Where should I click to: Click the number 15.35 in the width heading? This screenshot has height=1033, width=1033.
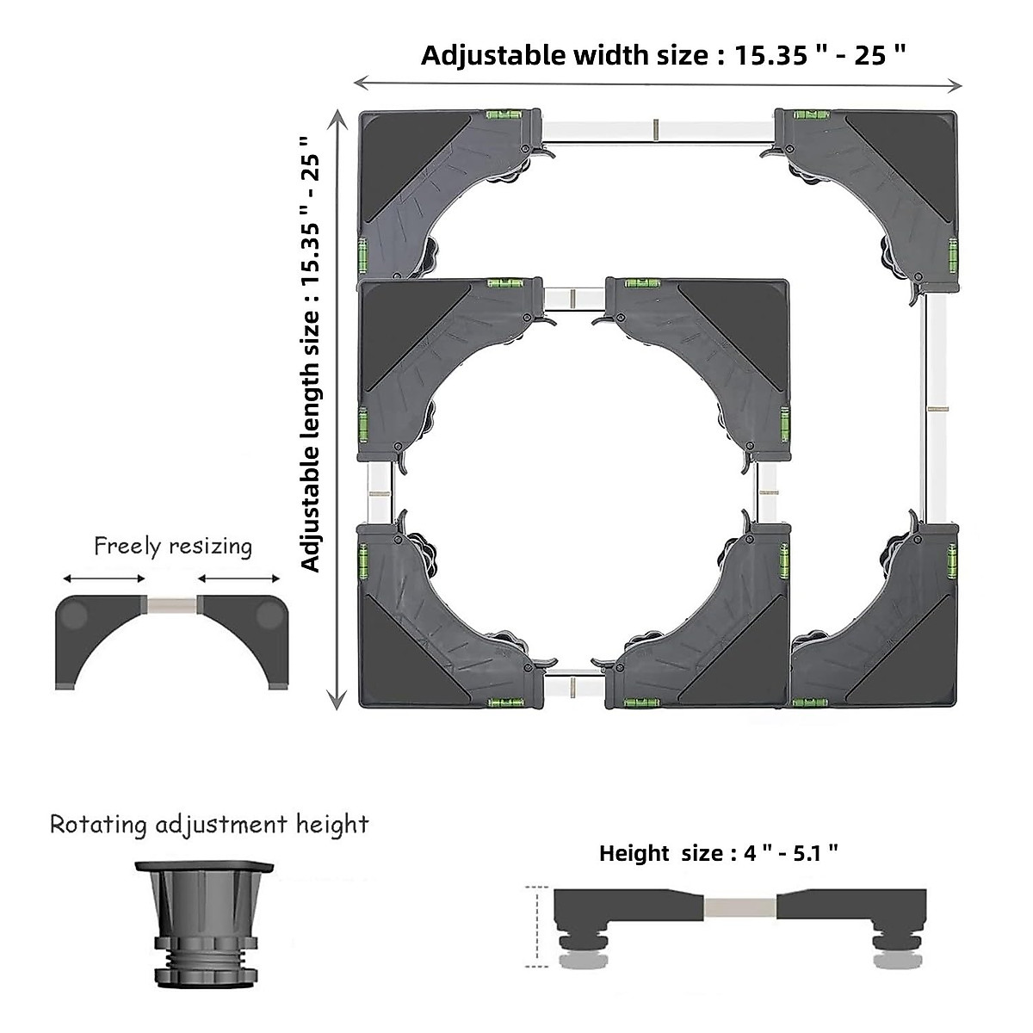(770, 55)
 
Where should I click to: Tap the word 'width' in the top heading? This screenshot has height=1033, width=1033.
(610, 55)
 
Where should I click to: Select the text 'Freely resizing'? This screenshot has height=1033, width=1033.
(173, 547)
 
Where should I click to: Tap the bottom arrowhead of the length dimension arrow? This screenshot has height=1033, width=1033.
(337, 702)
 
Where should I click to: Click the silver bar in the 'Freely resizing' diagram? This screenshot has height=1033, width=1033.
(171, 605)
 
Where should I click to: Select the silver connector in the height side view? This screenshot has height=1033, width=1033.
(739, 907)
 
